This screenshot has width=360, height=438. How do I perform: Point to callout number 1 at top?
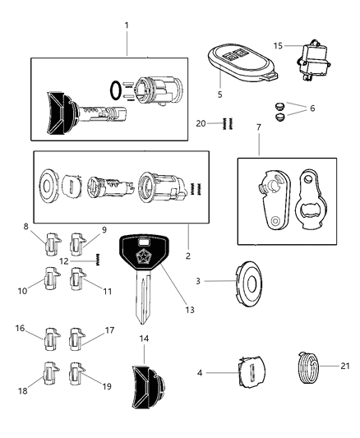(x=127, y=25)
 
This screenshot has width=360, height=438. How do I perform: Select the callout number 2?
(x=187, y=256)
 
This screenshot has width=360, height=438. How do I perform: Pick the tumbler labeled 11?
(x=79, y=277)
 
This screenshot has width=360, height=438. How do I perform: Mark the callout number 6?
(x=310, y=108)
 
